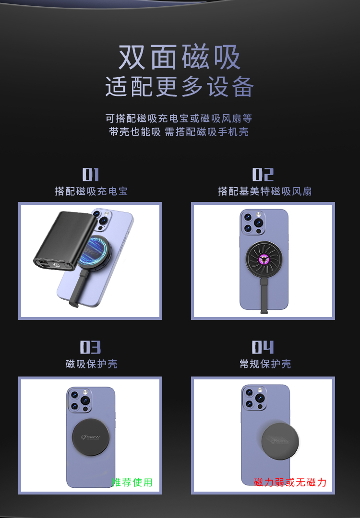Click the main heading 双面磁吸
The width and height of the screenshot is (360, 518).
(x=179, y=57)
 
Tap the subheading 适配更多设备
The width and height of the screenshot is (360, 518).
(x=180, y=86)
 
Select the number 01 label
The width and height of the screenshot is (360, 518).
(x=91, y=175)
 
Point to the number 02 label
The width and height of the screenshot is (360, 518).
(x=263, y=175)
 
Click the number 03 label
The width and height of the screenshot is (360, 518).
(x=90, y=347)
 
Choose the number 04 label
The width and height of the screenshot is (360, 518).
(x=263, y=347)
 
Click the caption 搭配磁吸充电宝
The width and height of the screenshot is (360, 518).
(x=91, y=191)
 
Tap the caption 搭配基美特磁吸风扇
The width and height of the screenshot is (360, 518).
(x=265, y=191)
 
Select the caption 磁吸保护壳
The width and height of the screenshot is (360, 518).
(x=91, y=364)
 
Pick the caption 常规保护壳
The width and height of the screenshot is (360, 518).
(x=265, y=364)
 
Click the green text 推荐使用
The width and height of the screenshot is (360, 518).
(x=132, y=483)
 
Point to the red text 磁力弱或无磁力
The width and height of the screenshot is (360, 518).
(x=290, y=483)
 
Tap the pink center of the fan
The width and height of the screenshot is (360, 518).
(x=264, y=259)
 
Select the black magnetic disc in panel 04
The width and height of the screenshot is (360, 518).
(x=280, y=441)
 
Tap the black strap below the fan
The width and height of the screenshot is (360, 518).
(x=264, y=295)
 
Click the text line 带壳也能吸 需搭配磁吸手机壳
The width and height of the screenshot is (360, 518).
(x=179, y=132)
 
